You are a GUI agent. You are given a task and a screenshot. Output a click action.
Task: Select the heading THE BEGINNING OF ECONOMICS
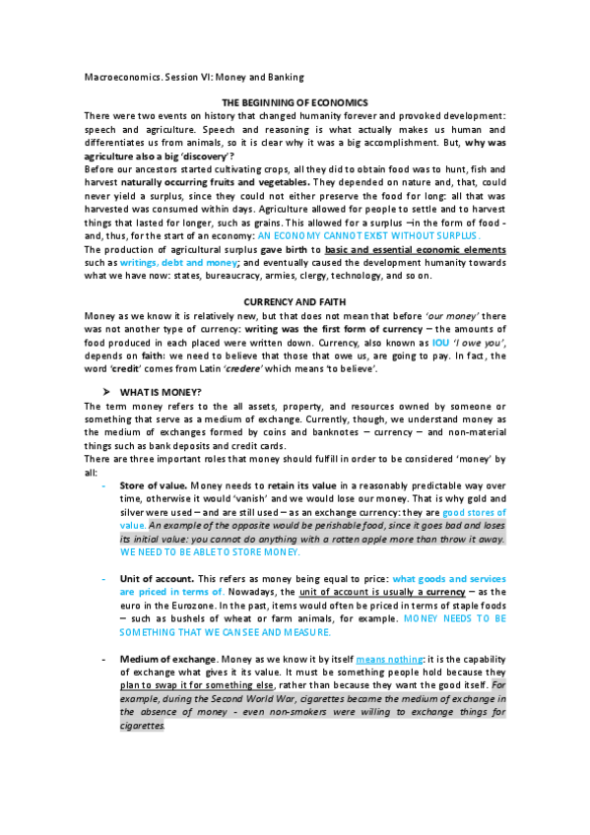click(295, 103)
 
